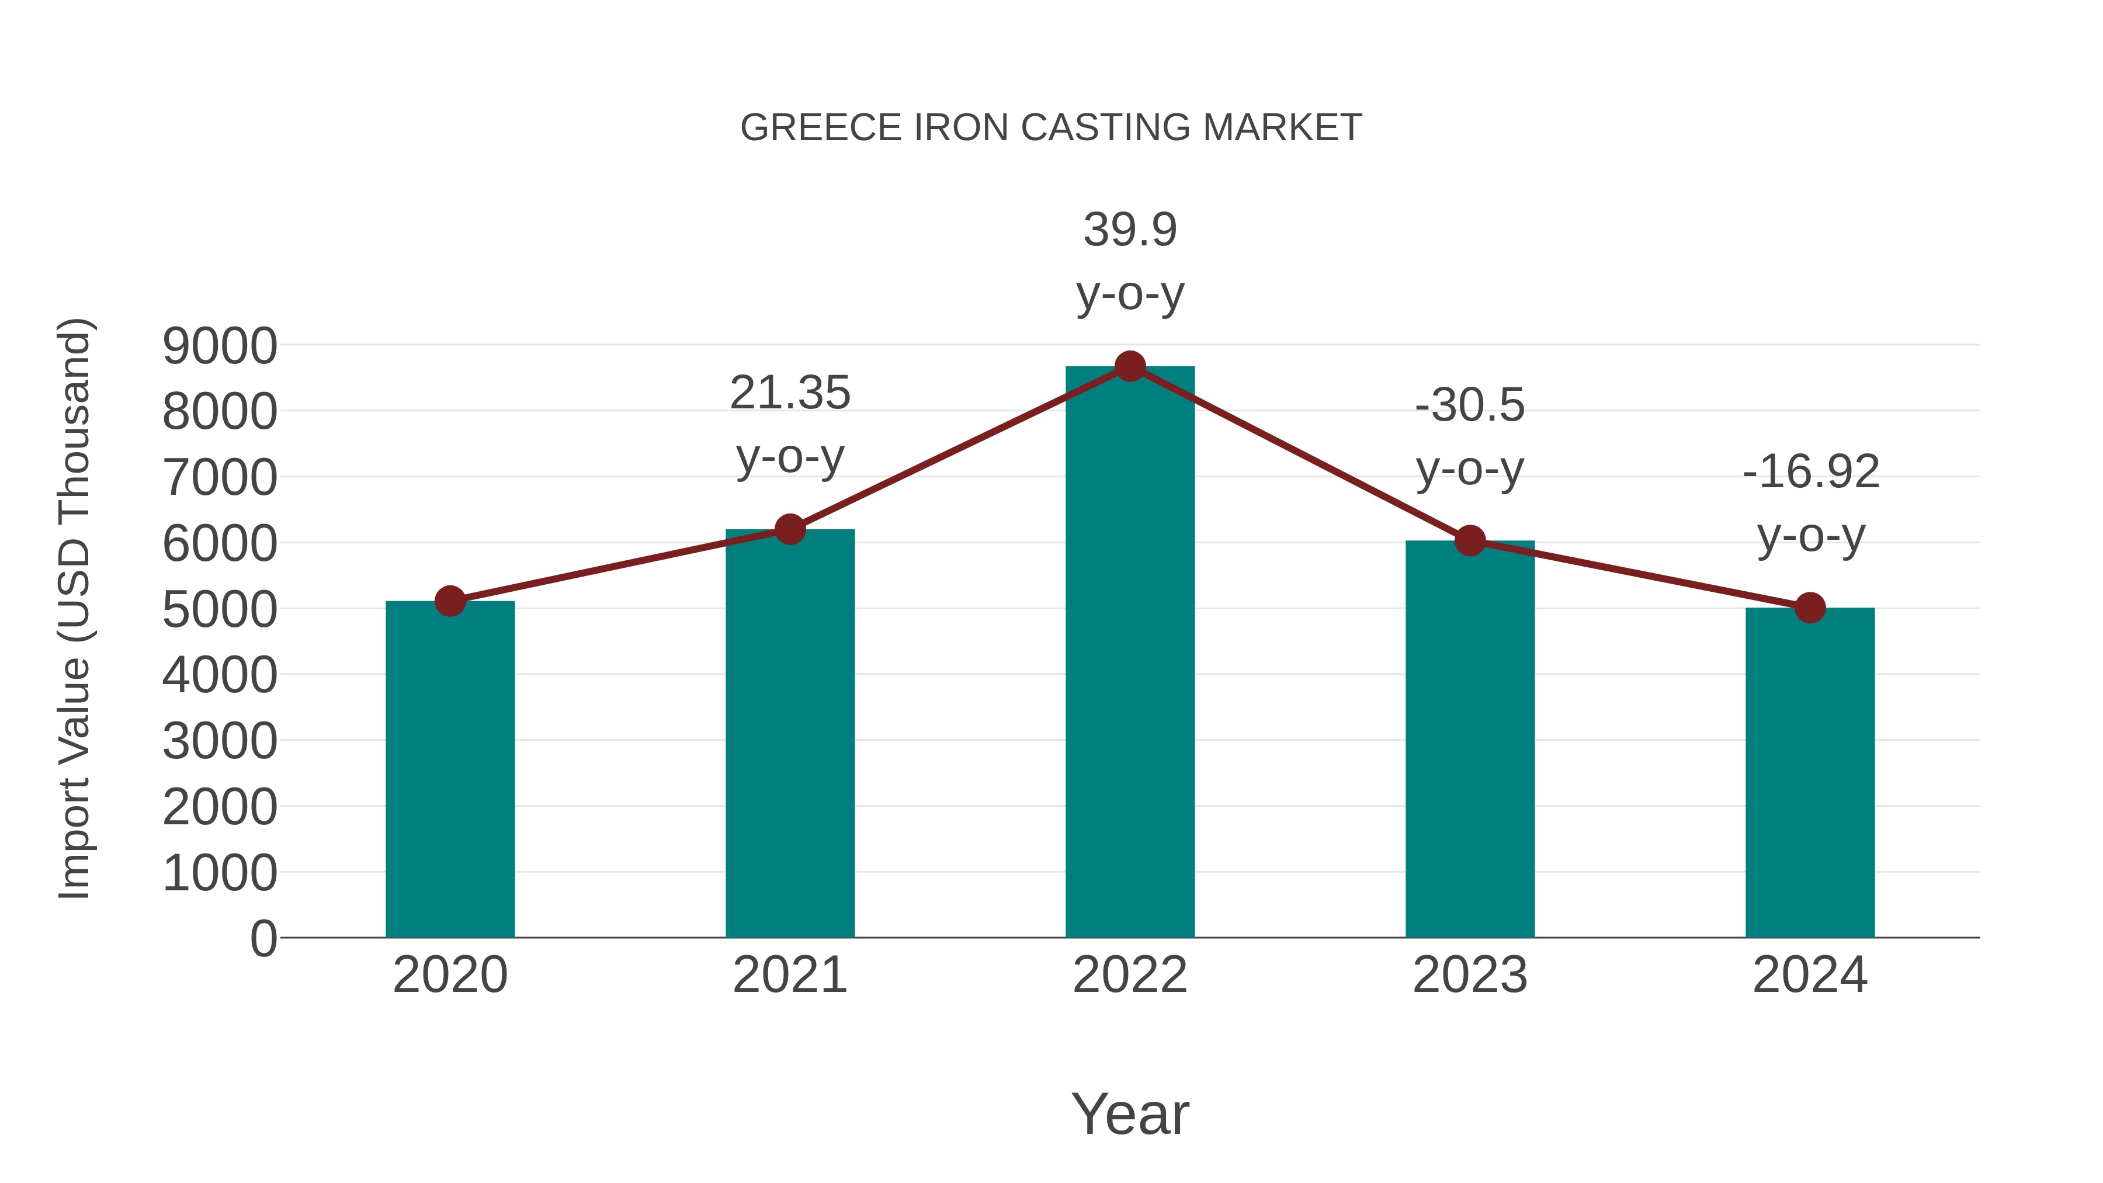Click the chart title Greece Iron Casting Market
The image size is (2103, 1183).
pyautogui.click(x=1051, y=128)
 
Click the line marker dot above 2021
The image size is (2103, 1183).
pyautogui.click(x=789, y=529)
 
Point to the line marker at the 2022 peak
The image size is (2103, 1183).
pyautogui.click(x=1130, y=366)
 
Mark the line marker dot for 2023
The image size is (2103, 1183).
pyautogui.click(x=1470, y=540)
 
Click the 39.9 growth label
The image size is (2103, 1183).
pyautogui.click(x=1130, y=230)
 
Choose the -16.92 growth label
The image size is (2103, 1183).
pyautogui.click(x=1810, y=472)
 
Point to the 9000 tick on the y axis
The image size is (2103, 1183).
pyautogui.click(x=220, y=346)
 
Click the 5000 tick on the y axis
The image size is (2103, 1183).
pyautogui.click(x=220, y=610)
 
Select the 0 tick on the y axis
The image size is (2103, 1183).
pyautogui.click(x=263, y=939)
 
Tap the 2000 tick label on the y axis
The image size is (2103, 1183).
pyautogui.click(x=220, y=807)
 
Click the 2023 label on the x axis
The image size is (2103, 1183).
pyautogui.click(x=1470, y=975)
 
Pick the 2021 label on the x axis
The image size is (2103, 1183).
pyautogui.click(x=789, y=975)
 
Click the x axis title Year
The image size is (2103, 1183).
pyautogui.click(x=1130, y=1113)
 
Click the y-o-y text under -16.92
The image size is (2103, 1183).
pyautogui.click(x=1810, y=536)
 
